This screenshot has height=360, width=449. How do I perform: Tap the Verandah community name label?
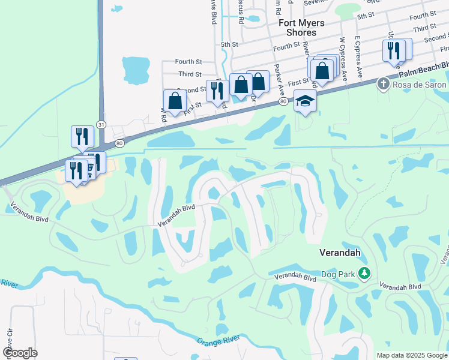coord(339,253)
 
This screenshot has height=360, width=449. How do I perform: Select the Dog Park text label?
coord(339,274)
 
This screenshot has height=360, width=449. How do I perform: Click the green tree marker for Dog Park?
coord(364,274)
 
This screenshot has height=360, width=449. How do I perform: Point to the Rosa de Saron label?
coord(420,85)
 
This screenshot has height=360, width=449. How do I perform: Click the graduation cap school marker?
coord(305,101)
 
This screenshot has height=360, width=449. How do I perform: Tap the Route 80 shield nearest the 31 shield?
coord(119,144)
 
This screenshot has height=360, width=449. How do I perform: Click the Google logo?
coord(20,353)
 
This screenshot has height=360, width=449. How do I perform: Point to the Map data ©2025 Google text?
coord(411,355)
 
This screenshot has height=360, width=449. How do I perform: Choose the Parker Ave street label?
coord(279,80)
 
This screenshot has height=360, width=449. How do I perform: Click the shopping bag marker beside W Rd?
coord(175,102)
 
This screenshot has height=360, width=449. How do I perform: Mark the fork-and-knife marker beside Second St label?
coord(217,92)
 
